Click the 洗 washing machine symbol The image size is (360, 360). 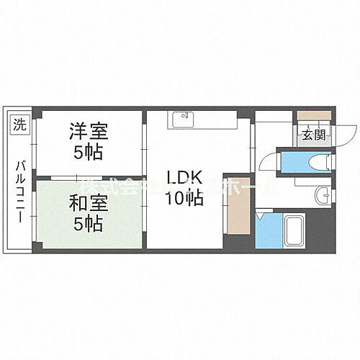click(x=19, y=124)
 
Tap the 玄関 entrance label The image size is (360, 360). click(x=312, y=134)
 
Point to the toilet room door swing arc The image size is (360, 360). click(x=268, y=161)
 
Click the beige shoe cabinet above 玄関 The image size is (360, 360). click(x=311, y=116)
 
